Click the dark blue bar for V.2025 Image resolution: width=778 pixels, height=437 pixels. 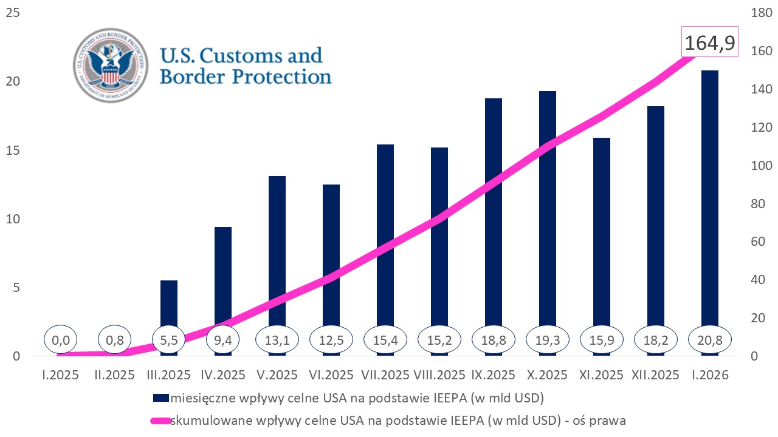tap(277, 243)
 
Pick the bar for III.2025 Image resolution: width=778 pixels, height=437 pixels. tap(169, 303)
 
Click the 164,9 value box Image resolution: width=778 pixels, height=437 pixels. tap(710, 42)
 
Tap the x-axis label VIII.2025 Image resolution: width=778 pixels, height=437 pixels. tap(439, 375)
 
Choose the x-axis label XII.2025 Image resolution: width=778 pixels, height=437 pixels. tap(656, 375)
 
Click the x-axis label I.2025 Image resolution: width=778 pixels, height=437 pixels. tap(61, 375)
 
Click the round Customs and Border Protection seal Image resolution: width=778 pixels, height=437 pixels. tap(111, 65)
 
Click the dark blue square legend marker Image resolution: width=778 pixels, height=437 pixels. tap(160, 398)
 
